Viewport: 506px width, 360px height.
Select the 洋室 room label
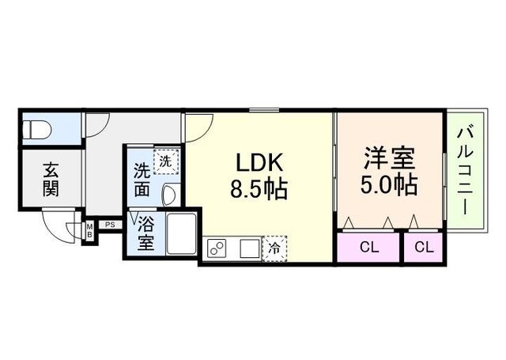[388, 157]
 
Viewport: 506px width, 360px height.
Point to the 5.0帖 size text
[388, 184]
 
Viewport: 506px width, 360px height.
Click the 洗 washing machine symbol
[164, 161]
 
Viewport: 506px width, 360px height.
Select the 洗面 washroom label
[142, 180]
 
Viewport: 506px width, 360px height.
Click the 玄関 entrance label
[51, 180]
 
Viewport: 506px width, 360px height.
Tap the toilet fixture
[38, 128]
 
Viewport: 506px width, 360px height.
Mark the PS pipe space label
[110, 225]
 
